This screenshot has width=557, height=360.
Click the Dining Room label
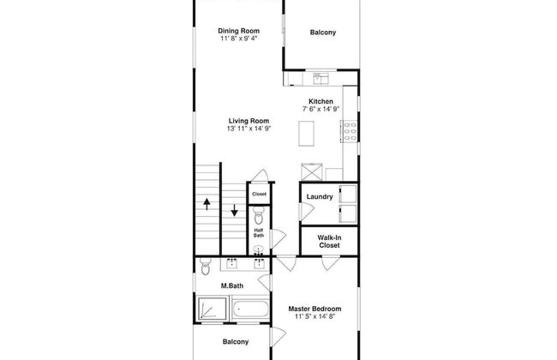(x=239, y=31)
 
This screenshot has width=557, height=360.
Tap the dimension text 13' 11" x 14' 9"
(x=249, y=129)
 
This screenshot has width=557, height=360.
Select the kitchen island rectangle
(x=306, y=133)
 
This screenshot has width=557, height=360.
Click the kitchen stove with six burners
(x=350, y=131)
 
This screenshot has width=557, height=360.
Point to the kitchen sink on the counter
(x=321, y=79)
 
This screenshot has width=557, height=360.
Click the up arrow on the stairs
(x=207, y=204)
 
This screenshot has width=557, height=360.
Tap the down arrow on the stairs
(x=235, y=210)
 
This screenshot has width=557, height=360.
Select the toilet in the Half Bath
(x=259, y=216)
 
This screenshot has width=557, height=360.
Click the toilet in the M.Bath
(x=206, y=267)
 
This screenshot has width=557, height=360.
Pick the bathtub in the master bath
(x=250, y=309)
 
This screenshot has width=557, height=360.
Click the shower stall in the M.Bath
(x=212, y=309)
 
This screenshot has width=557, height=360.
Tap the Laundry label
(x=320, y=196)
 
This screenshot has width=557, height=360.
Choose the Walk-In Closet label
(x=329, y=242)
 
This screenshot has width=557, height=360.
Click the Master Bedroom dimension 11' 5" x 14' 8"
(x=314, y=316)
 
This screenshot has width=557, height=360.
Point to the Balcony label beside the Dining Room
(x=322, y=33)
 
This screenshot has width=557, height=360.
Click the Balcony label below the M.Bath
(x=236, y=341)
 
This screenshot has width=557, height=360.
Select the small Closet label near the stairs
(x=259, y=194)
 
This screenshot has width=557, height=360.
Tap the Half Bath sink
(x=259, y=249)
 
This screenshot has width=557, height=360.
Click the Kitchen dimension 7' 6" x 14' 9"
(x=321, y=109)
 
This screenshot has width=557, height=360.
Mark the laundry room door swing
(x=306, y=211)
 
